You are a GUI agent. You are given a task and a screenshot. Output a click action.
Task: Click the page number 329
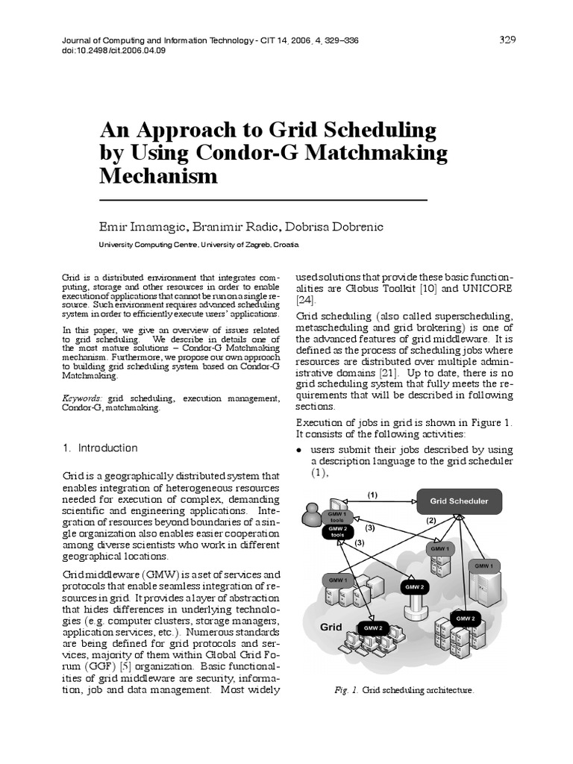point(507,40)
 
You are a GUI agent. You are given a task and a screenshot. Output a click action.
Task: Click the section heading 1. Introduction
point(100,448)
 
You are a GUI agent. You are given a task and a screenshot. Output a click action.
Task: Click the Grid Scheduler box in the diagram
point(459,501)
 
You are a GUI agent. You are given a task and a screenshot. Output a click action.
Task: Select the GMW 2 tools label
point(337,532)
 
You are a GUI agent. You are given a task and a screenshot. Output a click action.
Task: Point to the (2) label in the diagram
point(430,521)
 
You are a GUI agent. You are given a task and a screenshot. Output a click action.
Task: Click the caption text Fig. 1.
point(346,691)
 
